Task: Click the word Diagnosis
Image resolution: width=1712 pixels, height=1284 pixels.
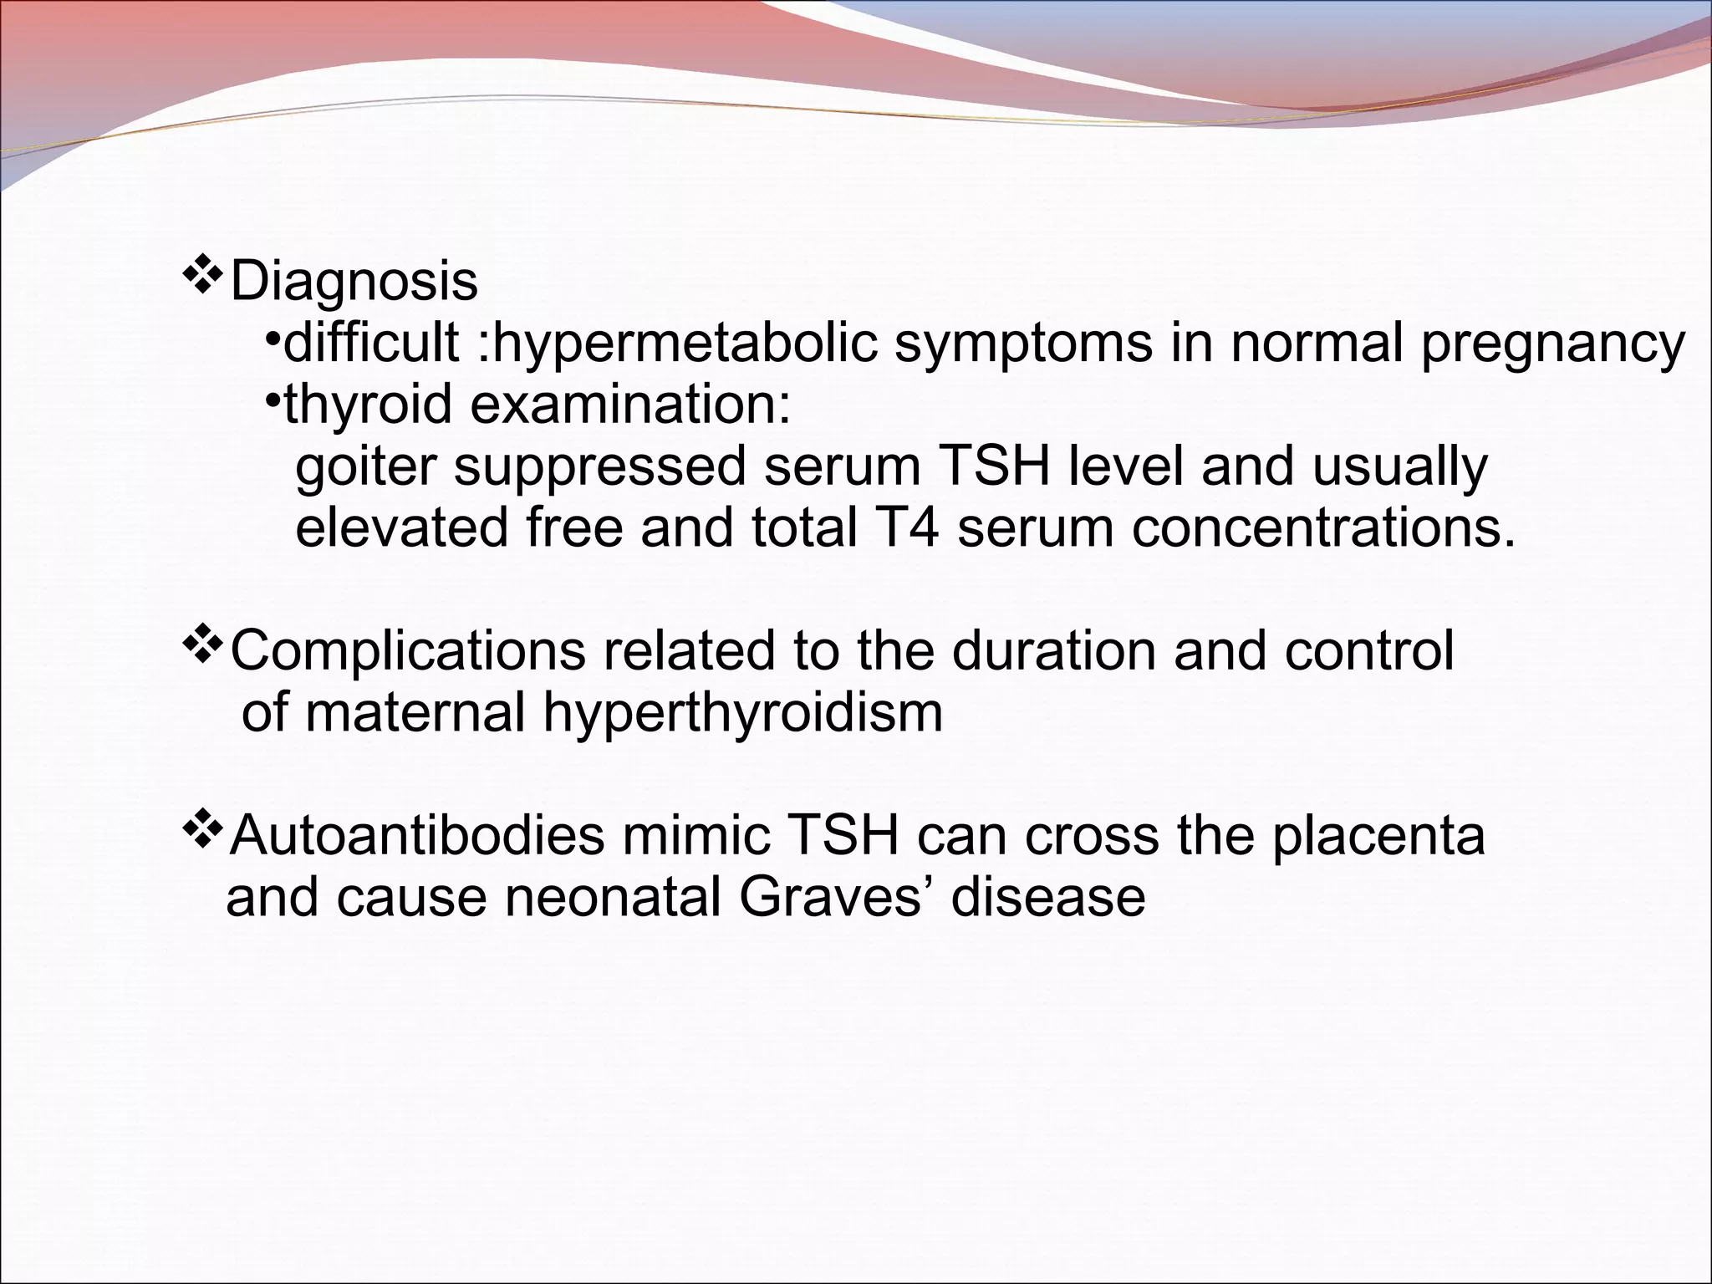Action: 354,283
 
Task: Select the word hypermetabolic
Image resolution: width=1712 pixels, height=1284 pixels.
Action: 685,343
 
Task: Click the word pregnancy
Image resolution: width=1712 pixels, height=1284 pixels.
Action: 1553,343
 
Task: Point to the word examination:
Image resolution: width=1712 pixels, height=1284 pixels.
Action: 630,405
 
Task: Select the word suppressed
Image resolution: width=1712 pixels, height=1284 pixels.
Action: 599,466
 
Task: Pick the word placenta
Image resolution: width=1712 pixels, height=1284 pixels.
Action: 1378,835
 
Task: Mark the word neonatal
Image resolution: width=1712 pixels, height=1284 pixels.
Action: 614,897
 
